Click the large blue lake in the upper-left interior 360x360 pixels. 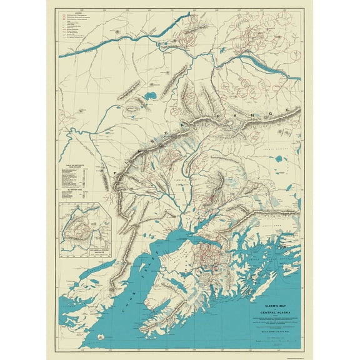151,96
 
